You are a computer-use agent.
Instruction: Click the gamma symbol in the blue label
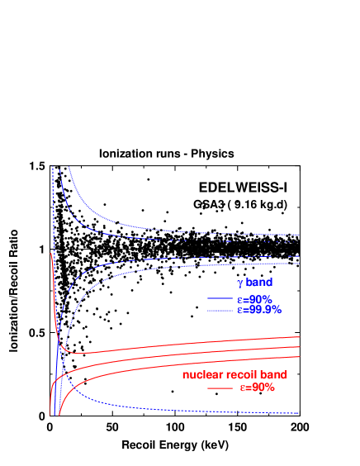240,283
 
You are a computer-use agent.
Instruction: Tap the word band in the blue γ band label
259,283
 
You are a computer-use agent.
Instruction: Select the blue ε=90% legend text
254,298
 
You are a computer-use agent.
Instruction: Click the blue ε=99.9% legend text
259,310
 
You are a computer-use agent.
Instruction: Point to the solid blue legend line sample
220,298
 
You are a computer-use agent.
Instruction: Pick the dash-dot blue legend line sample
220,311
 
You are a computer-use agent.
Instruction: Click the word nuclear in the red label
201,375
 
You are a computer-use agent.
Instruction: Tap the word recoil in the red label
240,375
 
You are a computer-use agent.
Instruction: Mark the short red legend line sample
220,388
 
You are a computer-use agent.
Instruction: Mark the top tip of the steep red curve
51,255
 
